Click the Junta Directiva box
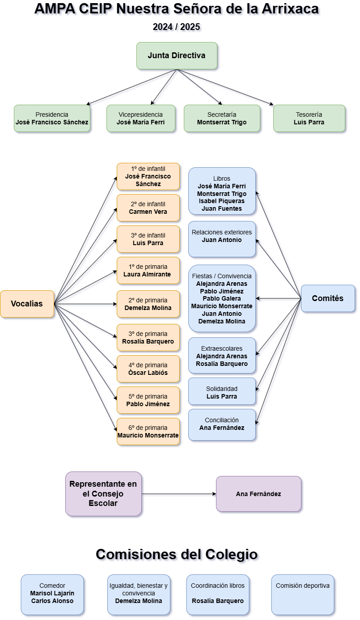(x=177, y=56)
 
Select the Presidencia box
(x=52, y=119)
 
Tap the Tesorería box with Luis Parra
(x=309, y=119)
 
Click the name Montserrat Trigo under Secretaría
(x=222, y=123)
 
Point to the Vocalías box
(x=27, y=304)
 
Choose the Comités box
(x=328, y=298)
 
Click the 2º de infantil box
(x=148, y=208)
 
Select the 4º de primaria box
(x=148, y=369)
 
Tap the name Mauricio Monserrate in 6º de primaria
(x=148, y=436)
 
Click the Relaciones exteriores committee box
(x=222, y=239)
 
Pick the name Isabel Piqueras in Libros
(x=222, y=201)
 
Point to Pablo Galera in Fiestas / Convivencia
(x=222, y=298)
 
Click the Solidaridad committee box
(x=222, y=391)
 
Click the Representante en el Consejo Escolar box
(x=103, y=494)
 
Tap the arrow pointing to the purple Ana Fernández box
(x=179, y=494)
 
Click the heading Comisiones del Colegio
(x=177, y=554)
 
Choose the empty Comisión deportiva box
(x=303, y=595)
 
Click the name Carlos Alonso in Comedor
(x=52, y=601)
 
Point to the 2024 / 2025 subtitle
(x=177, y=27)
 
